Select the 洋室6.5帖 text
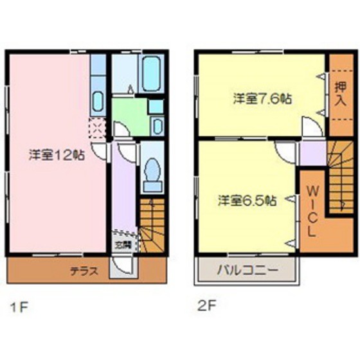[x=247, y=200]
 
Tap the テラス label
[x=84, y=271]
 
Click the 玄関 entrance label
[x=123, y=244]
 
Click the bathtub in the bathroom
[x=150, y=75]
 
